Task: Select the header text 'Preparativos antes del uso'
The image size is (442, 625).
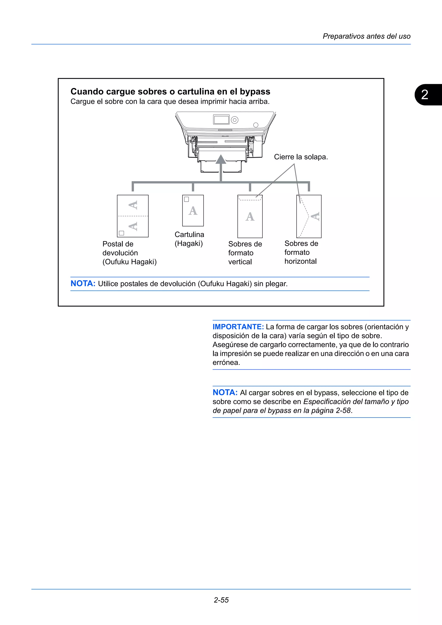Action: [x=366, y=36]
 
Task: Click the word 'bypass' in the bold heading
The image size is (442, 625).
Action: [x=255, y=91]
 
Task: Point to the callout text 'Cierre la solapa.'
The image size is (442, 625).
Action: [x=301, y=157]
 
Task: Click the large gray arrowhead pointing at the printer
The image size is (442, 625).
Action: [x=221, y=160]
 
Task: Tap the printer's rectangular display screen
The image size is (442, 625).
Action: [x=221, y=119]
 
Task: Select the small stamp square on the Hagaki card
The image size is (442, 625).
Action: [x=186, y=199]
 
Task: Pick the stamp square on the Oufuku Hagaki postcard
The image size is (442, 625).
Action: [x=122, y=233]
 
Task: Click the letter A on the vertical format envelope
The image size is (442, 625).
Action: [x=250, y=217]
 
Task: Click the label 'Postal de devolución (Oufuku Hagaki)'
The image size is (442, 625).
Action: [x=129, y=253]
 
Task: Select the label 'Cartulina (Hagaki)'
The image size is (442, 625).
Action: [x=189, y=239]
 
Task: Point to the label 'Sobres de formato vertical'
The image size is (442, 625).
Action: [x=245, y=253]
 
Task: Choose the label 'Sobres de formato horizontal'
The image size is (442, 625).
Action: [x=301, y=252]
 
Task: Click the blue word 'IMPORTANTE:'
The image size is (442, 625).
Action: [x=238, y=327]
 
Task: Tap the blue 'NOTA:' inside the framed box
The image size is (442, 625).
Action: [x=83, y=284]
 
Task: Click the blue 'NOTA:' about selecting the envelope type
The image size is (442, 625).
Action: [x=225, y=393]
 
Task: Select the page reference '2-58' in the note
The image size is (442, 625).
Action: [x=343, y=410]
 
